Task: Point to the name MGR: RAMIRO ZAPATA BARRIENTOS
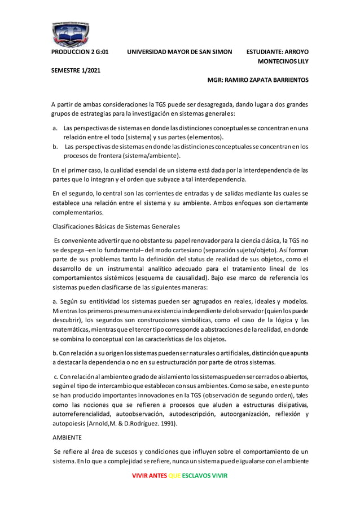(258, 80)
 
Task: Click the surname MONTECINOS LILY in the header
(283, 61)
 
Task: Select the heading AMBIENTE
(66, 437)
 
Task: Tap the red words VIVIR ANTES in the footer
(149, 476)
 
